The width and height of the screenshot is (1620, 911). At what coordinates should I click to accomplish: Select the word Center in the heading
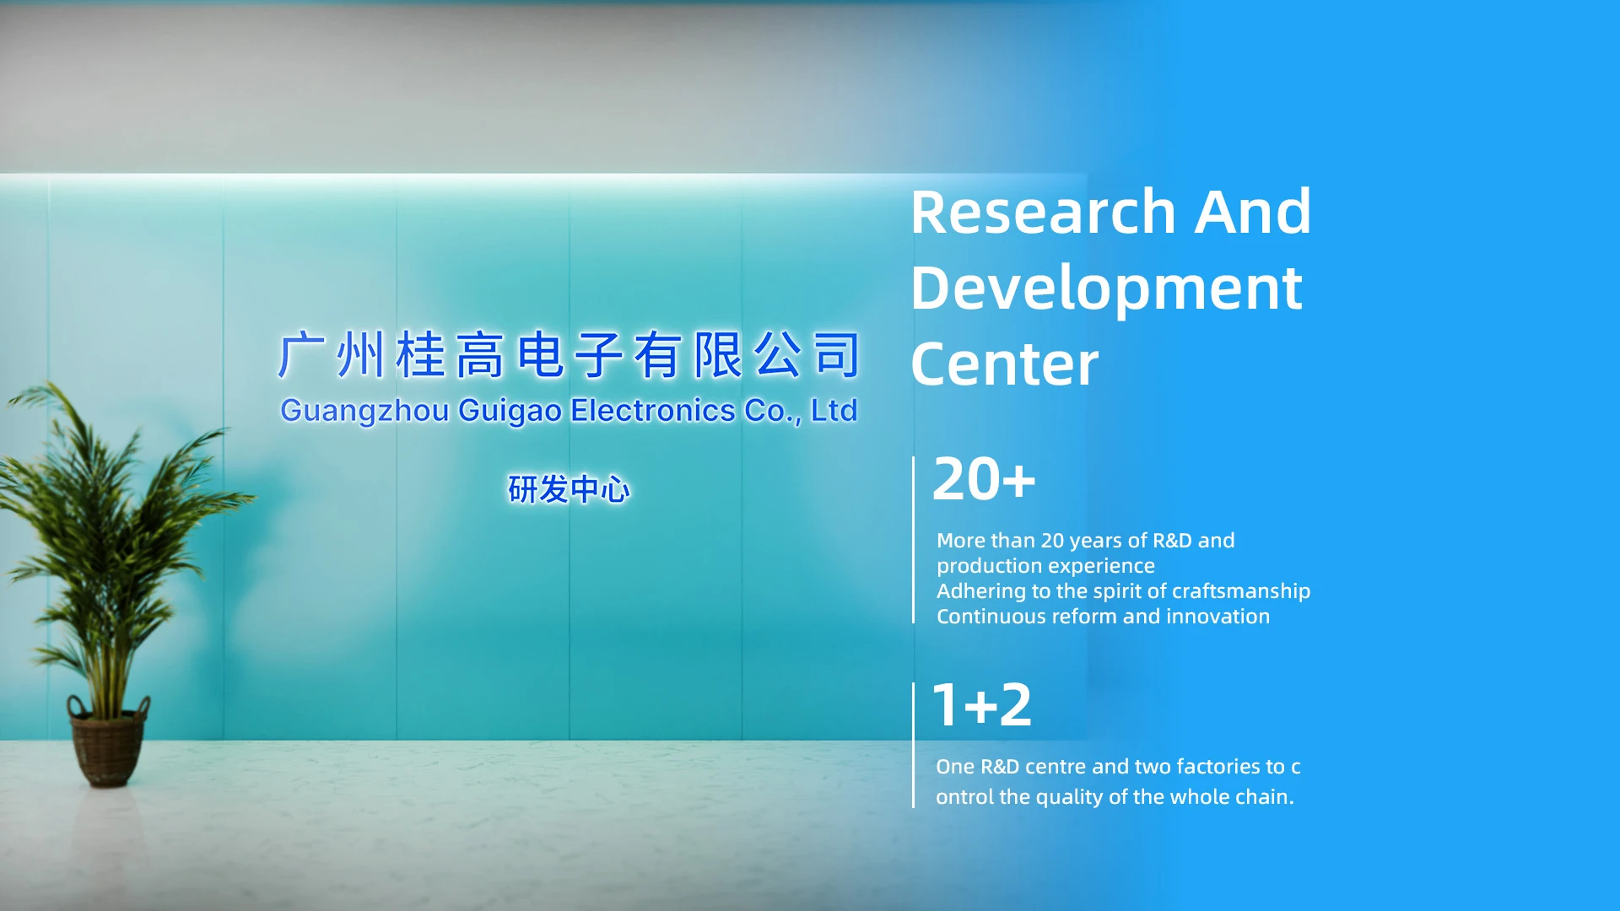pos(1005,364)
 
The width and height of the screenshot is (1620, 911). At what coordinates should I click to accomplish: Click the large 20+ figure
pos(984,479)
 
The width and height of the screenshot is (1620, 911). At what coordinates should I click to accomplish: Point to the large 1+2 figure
pos(982,705)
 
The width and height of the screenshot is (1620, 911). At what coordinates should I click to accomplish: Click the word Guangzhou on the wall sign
pos(364,412)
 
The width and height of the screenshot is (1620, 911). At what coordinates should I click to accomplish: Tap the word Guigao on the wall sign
pos(510,412)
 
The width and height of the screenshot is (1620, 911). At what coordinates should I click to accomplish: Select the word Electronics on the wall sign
pos(653,410)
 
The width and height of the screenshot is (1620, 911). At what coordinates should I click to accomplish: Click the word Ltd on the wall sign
pos(834,410)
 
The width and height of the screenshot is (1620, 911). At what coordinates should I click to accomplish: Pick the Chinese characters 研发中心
pos(569,489)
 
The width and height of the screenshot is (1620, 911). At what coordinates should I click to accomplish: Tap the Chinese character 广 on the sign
pos(301,354)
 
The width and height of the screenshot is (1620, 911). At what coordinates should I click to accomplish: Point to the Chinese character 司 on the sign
pos(837,354)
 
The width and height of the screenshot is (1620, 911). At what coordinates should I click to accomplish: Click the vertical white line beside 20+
pos(914,540)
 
